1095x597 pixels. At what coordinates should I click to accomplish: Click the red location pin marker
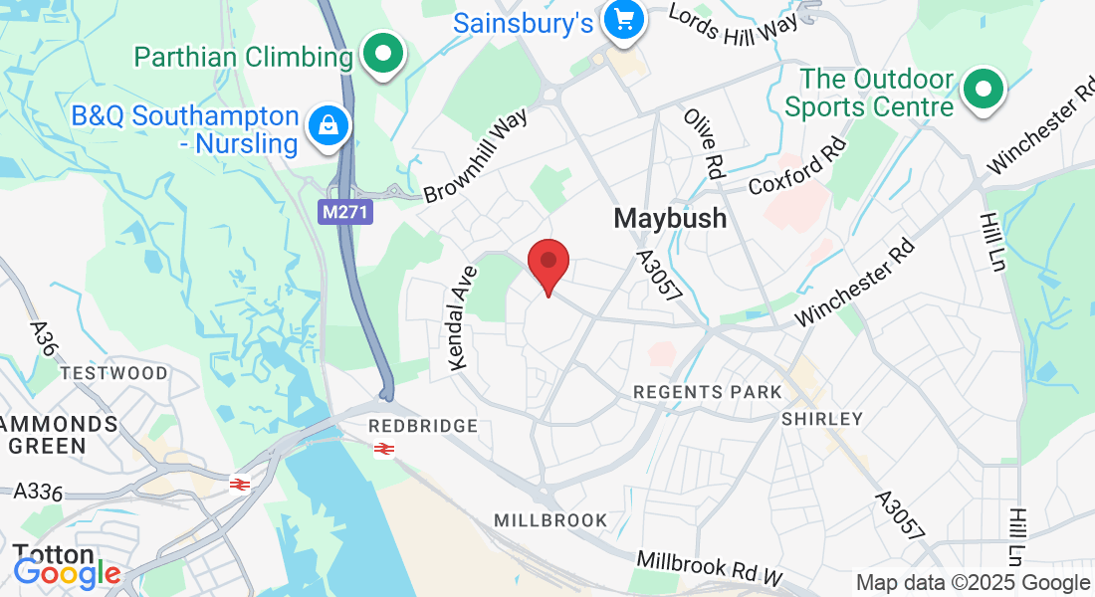point(547,264)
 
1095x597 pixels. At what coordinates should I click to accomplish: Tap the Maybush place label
point(670,218)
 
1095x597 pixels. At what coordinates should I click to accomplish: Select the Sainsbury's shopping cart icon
point(625,20)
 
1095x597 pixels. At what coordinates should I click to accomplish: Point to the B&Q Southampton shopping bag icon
point(327,125)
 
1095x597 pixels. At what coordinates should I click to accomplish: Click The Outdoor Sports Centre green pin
point(984,91)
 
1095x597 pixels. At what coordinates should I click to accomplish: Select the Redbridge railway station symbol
point(384,449)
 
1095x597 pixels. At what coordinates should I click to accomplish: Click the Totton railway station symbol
point(239,484)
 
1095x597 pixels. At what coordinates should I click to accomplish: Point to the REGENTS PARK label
point(708,392)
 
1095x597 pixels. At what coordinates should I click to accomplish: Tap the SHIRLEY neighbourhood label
point(821,419)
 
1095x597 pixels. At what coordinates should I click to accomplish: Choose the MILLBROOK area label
point(550,520)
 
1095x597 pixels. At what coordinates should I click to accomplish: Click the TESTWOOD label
point(114,373)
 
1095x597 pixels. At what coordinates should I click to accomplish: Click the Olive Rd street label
point(702,143)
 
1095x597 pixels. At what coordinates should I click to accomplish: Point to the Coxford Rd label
point(797,165)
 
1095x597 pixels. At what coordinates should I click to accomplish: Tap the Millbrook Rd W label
point(710,569)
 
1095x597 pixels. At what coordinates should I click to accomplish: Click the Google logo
point(67,573)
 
